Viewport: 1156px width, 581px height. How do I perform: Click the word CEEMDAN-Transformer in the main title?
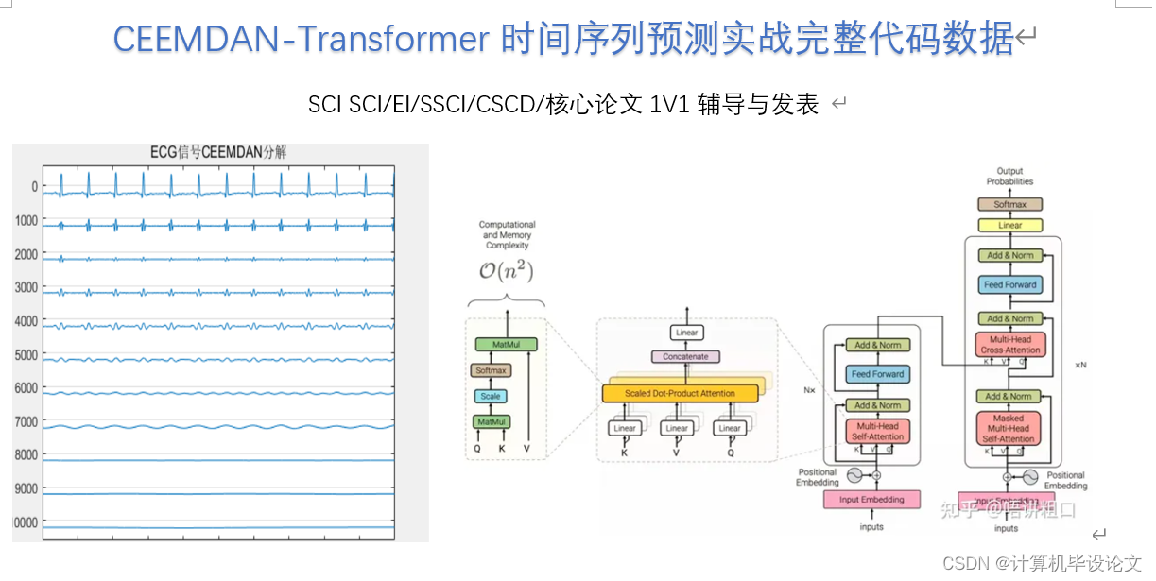click(302, 39)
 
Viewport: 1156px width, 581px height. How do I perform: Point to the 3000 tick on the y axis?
click(26, 287)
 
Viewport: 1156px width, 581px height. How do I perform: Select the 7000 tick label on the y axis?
click(26, 421)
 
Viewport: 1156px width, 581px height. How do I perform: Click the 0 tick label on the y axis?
click(34, 187)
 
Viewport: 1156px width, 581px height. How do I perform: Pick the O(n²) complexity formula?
click(507, 272)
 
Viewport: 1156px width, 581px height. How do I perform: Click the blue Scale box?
click(491, 396)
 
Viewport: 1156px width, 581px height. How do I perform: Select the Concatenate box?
click(686, 356)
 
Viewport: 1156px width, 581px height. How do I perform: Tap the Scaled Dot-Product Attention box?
click(681, 392)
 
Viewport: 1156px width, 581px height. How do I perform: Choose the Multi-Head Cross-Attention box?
click(1010, 345)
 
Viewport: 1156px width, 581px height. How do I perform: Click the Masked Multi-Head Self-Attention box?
click(1009, 428)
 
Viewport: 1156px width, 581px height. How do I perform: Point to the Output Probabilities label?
click(1009, 177)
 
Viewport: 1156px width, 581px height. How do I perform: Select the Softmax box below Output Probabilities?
click(1009, 204)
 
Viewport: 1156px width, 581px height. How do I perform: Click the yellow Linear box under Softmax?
click(1009, 226)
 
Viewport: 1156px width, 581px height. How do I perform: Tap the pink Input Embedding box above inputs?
click(871, 499)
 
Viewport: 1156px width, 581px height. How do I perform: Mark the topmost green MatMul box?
click(507, 346)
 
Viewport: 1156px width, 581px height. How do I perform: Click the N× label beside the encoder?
click(810, 388)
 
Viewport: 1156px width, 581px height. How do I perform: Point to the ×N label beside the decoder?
click(1080, 365)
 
